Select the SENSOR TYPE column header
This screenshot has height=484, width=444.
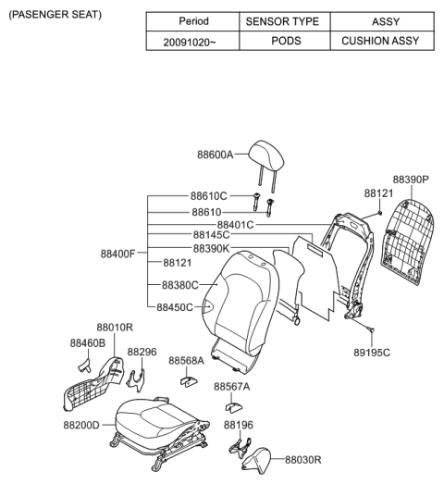[281, 21]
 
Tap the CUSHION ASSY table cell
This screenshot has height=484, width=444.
[379, 41]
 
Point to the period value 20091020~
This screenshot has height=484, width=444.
[192, 41]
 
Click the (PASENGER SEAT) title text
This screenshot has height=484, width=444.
[55, 16]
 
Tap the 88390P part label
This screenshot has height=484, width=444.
[411, 180]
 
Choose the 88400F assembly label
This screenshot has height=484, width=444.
[118, 254]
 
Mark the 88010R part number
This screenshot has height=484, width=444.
[115, 327]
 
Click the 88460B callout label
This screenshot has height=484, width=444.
[87, 343]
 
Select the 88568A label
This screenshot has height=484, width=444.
[188, 361]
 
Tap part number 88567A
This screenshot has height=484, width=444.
[232, 386]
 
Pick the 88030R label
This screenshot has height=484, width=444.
[303, 459]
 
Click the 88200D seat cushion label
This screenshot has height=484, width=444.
[82, 425]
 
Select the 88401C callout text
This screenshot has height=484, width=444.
[235, 224]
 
